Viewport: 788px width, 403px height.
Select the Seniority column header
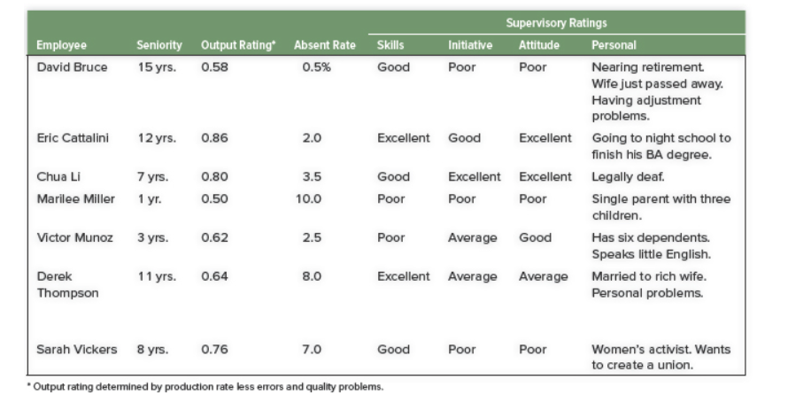coord(159,45)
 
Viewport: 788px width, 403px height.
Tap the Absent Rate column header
coord(324,45)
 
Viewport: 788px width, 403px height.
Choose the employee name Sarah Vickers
coord(76,350)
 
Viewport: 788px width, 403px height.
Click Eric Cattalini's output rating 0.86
coord(215,139)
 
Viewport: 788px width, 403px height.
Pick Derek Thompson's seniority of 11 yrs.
coord(157,277)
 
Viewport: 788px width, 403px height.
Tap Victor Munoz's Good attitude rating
coord(535,238)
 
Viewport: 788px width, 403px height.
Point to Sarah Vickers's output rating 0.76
coord(215,350)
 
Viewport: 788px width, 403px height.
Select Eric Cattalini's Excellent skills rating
coord(403,139)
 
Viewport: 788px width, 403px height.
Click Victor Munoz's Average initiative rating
coord(472,238)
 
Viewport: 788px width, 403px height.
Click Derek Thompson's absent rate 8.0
coord(311,277)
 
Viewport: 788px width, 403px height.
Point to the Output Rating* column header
coord(237,45)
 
